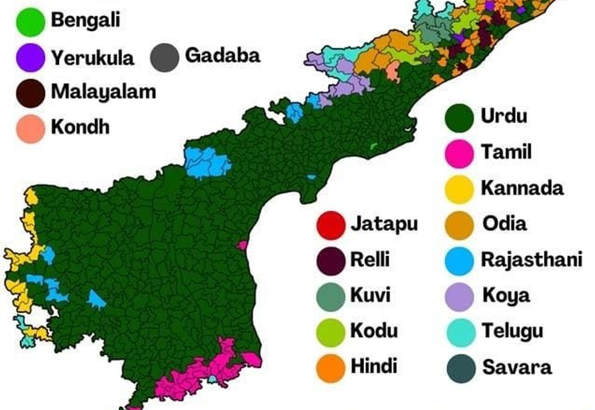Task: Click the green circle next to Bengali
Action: point(31,23)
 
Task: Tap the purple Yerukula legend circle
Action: point(31,58)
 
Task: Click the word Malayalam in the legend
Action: point(103,92)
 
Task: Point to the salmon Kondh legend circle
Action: point(31,128)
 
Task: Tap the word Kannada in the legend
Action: point(522,188)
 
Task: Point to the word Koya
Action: point(506,296)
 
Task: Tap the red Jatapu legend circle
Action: point(330,225)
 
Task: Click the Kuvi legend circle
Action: point(330,296)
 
